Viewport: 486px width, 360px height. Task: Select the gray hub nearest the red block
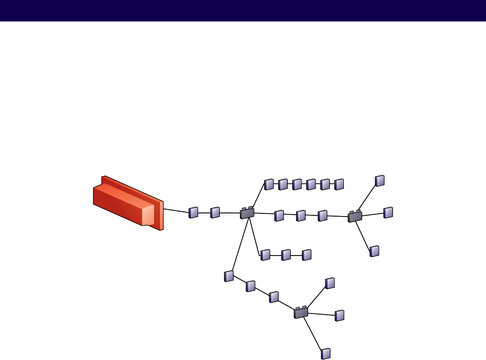click(x=247, y=213)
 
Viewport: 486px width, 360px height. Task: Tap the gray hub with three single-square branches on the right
click(x=355, y=217)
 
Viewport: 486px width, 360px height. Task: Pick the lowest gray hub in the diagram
click(x=301, y=313)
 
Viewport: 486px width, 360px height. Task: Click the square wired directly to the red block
click(x=193, y=213)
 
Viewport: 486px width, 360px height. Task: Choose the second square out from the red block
click(x=215, y=213)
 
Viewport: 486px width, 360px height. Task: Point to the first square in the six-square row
click(x=269, y=184)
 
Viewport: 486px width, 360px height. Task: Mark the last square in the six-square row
click(x=339, y=184)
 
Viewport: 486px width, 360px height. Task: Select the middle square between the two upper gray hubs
click(x=301, y=215)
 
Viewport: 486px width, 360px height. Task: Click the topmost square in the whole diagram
click(x=380, y=181)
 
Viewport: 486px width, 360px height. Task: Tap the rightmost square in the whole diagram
click(x=388, y=213)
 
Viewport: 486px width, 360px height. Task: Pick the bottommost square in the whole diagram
click(x=326, y=354)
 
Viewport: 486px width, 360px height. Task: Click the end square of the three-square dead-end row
click(x=307, y=255)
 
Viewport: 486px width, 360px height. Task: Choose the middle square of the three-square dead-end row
click(x=286, y=255)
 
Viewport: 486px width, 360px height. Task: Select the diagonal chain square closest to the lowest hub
click(x=274, y=297)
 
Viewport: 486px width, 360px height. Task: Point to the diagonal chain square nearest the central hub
click(x=229, y=276)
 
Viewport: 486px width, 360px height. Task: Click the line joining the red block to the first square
click(x=176, y=211)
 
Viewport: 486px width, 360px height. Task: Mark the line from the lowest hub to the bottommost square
click(x=313, y=334)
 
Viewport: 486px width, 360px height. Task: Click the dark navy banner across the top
click(x=243, y=10)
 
